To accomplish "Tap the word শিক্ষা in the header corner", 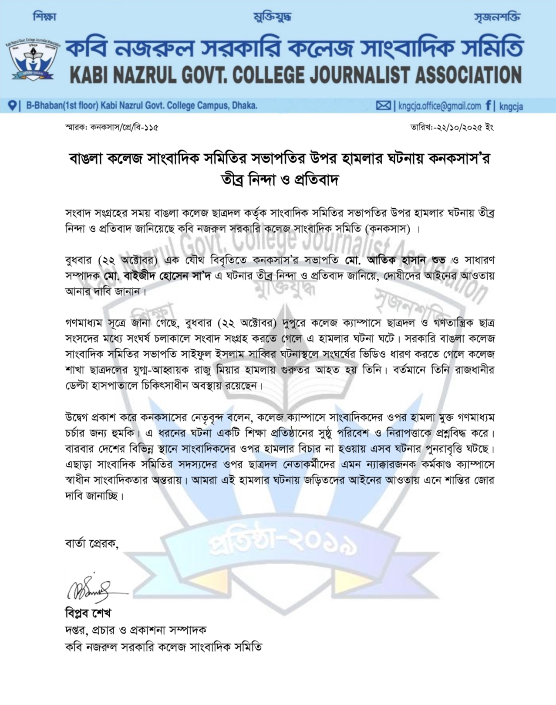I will tap(44, 17).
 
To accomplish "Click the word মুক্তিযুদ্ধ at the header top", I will tap(272, 17).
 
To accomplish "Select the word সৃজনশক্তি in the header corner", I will tap(497, 17).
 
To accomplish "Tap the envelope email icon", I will tap(383, 105).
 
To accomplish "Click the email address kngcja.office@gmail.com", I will tap(440, 105).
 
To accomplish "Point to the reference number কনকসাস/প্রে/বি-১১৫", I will tap(124, 128).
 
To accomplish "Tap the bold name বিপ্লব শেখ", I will tap(88, 613).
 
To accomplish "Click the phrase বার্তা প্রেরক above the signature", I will tap(91, 543).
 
